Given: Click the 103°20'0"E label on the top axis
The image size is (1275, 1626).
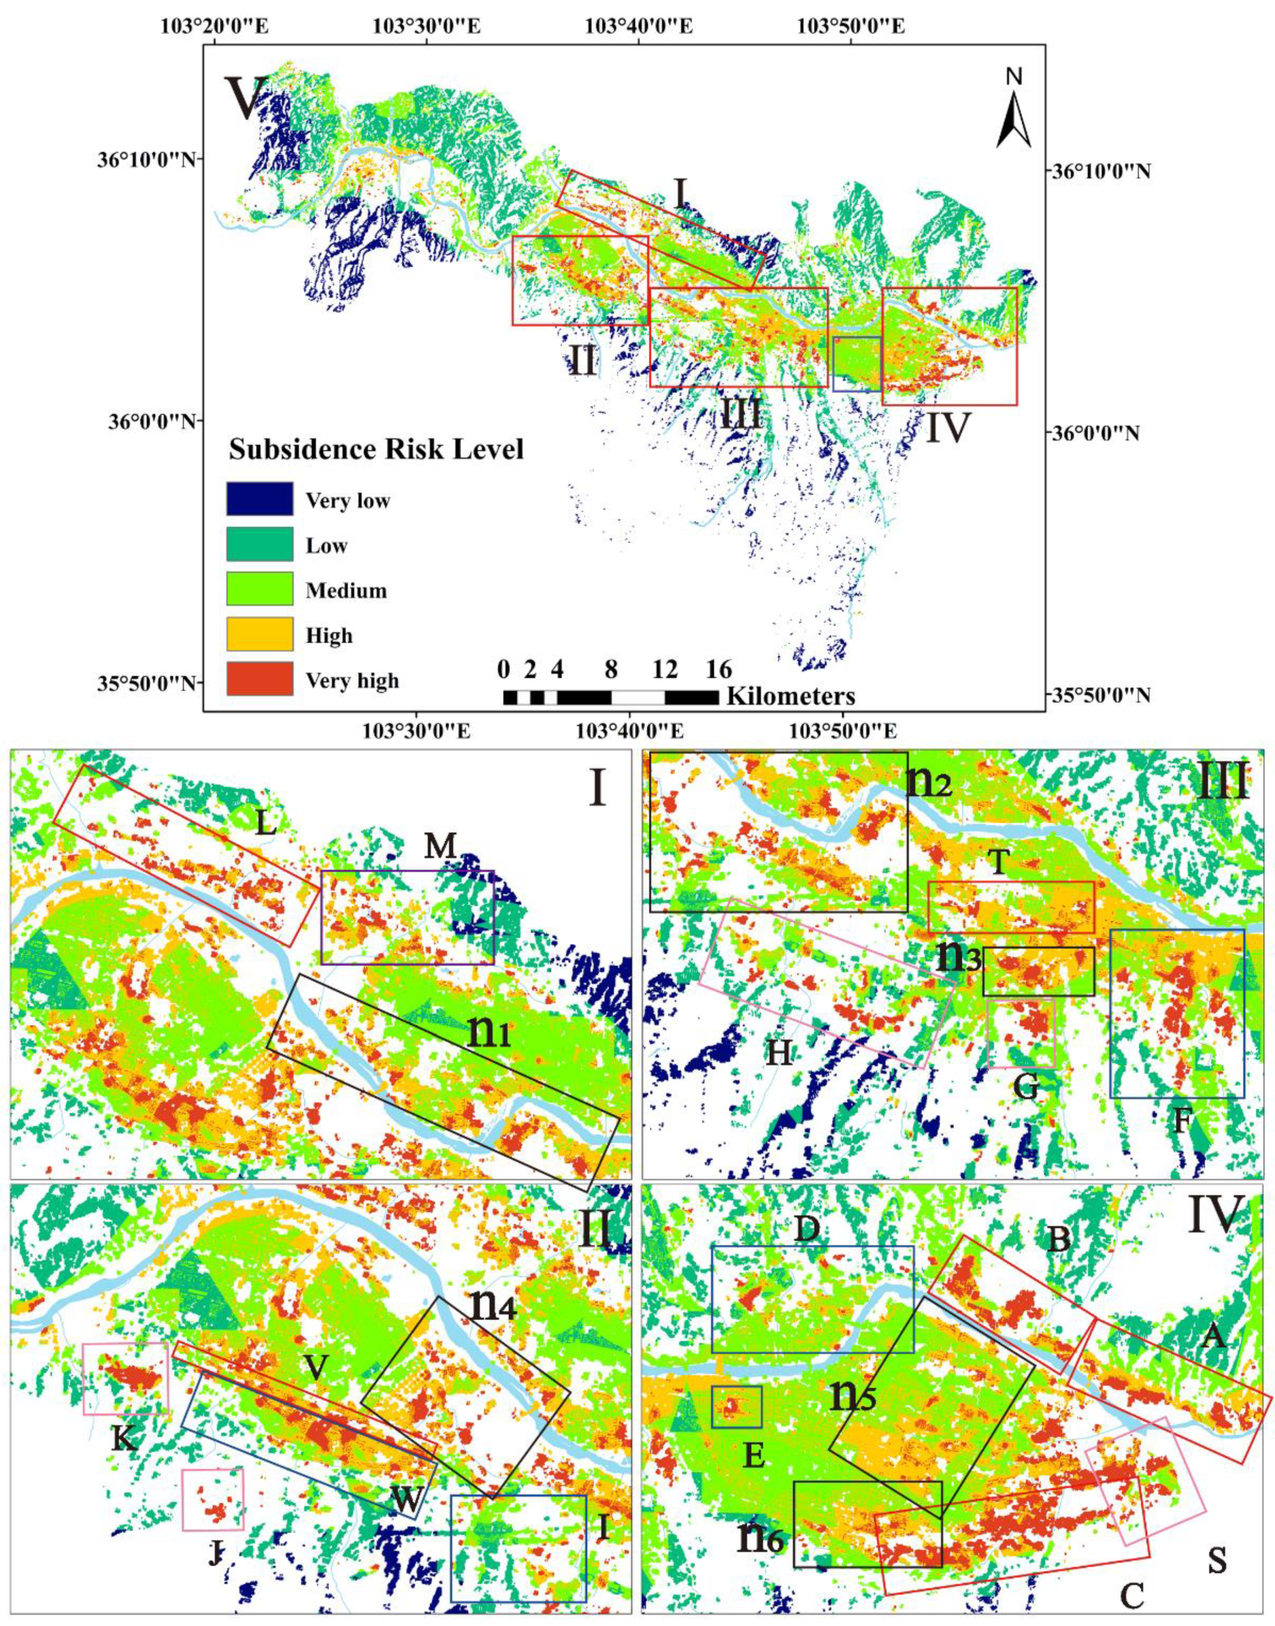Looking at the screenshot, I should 216,27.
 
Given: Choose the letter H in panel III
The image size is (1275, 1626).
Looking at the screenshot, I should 779,1053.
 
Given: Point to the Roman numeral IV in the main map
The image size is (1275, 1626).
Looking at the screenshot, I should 947,428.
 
